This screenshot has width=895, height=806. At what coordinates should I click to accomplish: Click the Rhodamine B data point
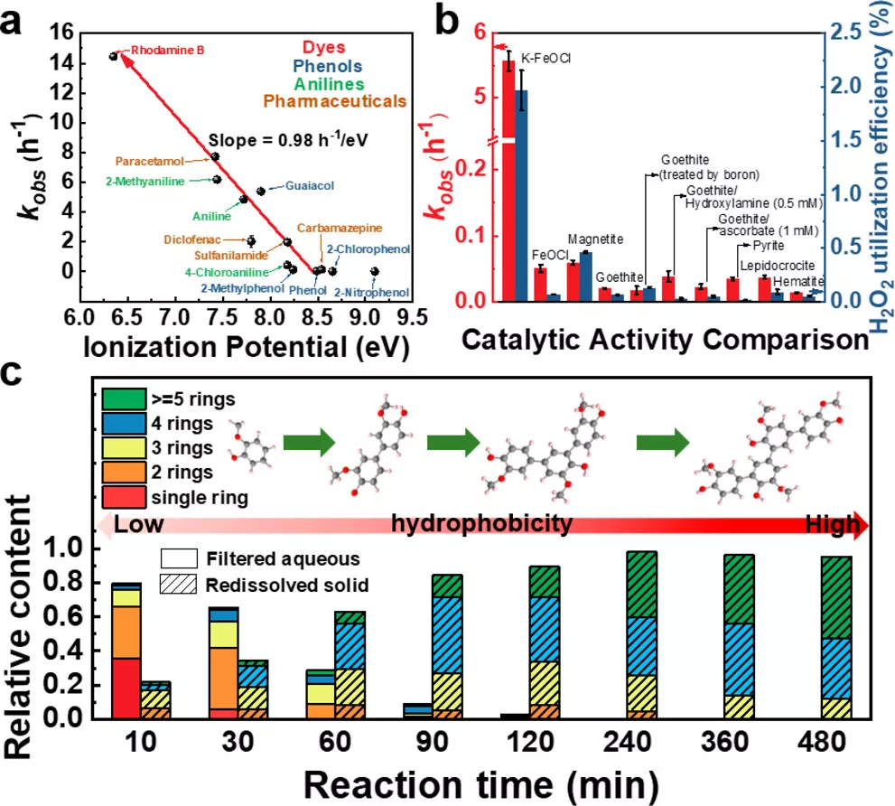pyautogui.click(x=113, y=56)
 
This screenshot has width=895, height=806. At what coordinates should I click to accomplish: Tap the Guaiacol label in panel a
pyautogui.click(x=310, y=185)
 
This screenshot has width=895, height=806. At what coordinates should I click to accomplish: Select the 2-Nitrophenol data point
pyautogui.click(x=375, y=271)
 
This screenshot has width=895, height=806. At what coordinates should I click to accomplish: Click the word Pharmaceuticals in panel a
pyautogui.click(x=334, y=102)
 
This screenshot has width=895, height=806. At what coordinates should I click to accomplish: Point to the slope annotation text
pyautogui.click(x=288, y=140)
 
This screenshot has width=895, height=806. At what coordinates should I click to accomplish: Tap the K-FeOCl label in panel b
pyautogui.click(x=545, y=58)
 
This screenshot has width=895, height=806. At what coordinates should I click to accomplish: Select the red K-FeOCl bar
pyautogui.click(x=508, y=181)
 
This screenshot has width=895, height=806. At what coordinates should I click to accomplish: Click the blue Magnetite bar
pyautogui.click(x=585, y=276)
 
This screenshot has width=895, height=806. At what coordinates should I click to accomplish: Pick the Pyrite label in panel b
pyautogui.click(x=768, y=246)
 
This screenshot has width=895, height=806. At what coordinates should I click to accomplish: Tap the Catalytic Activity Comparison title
pyautogui.click(x=665, y=340)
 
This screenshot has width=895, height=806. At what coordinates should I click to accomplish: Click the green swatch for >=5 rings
pyautogui.click(x=124, y=398)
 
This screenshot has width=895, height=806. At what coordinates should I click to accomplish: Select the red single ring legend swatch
pyautogui.click(x=124, y=497)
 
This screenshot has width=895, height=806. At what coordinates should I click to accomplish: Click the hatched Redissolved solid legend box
pyautogui.click(x=179, y=585)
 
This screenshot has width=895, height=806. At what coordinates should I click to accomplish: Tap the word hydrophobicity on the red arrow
pyautogui.click(x=481, y=522)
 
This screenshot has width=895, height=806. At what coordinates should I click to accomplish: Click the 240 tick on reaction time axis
pyautogui.click(x=627, y=742)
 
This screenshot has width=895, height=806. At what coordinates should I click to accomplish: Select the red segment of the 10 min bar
pyautogui.click(x=126, y=688)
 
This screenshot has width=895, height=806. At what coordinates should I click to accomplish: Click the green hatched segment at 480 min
pyautogui.click(x=837, y=597)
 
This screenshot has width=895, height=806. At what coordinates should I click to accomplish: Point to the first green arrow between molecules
pyautogui.click(x=309, y=442)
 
